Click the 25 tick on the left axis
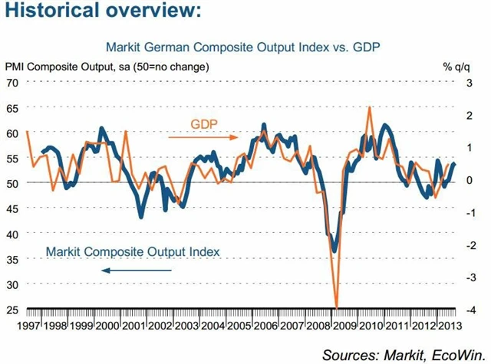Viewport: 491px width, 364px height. coord(13,310)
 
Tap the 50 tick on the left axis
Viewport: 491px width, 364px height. coord(13,183)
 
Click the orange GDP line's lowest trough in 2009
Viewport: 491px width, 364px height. coord(336,307)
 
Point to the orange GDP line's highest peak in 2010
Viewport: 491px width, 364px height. coord(371,107)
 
